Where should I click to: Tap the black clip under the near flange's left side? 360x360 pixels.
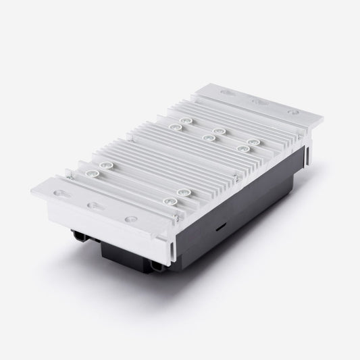[x=79, y=235]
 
